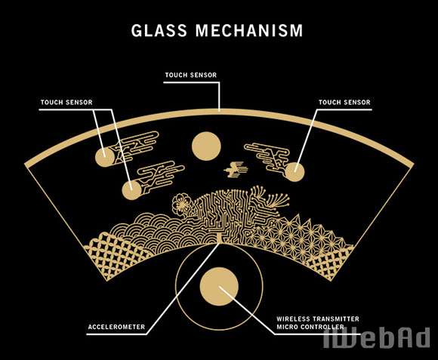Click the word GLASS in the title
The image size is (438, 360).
[159, 30]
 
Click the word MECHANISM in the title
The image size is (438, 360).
[249, 30]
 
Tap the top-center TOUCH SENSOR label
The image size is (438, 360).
[191, 75]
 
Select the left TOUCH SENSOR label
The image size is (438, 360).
[66, 102]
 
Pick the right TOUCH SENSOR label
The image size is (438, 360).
[344, 102]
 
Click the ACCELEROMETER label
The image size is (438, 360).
[116, 327]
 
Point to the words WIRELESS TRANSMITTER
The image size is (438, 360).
[318, 318]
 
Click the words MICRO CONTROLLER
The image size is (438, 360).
[310, 327]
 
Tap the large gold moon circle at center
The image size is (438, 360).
[206, 146]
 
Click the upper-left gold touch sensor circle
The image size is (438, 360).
[105, 158]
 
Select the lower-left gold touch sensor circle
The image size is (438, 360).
[131, 190]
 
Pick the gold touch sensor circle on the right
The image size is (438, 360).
[295, 172]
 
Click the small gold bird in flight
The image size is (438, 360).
[236, 169]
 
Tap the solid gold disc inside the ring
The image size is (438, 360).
[219, 286]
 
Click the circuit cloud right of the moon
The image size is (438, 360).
[267, 156]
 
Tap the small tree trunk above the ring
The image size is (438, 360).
[220, 238]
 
